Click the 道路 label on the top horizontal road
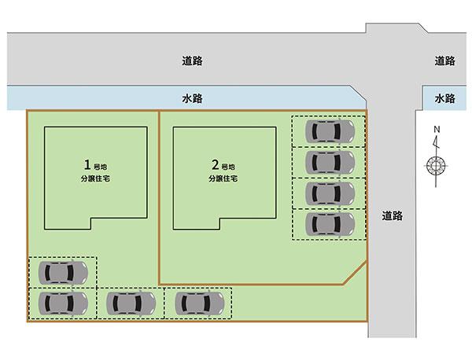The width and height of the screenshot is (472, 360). pyautogui.click(x=192, y=61)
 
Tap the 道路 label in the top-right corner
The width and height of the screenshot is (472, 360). pyautogui.click(x=444, y=61)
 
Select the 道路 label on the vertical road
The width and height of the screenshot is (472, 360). pyautogui.click(x=393, y=215)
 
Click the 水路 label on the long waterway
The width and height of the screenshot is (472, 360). pyautogui.click(x=192, y=98)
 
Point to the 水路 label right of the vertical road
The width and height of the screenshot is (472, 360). pyautogui.click(x=444, y=98)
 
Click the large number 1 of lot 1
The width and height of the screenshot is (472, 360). pyautogui.click(x=87, y=165)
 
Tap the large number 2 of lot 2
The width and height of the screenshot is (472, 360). pyautogui.click(x=216, y=165)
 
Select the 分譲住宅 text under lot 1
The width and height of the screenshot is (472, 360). pyautogui.click(x=95, y=178)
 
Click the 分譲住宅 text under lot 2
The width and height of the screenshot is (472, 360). pyautogui.click(x=223, y=178)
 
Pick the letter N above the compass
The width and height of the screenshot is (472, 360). pyautogui.click(x=437, y=130)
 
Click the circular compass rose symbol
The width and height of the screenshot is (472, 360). pyautogui.click(x=436, y=166)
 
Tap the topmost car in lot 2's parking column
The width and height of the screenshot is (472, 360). pyautogui.click(x=330, y=131)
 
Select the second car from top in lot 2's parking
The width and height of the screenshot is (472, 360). pyautogui.click(x=330, y=163)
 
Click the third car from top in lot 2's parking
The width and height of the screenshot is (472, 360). pyautogui.click(x=330, y=193)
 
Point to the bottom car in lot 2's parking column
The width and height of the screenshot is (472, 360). pyautogui.click(x=330, y=224)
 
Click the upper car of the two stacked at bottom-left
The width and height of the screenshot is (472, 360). pyautogui.click(x=63, y=273)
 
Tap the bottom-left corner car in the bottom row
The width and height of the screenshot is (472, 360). pyautogui.click(x=63, y=303)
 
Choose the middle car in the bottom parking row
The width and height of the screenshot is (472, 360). pyautogui.click(x=131, y=303)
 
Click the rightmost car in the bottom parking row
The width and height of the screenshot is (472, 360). pyautogui.click(x=200, y=303)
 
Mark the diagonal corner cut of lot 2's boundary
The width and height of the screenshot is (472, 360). pyautogui.click(x=356, y=273)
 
